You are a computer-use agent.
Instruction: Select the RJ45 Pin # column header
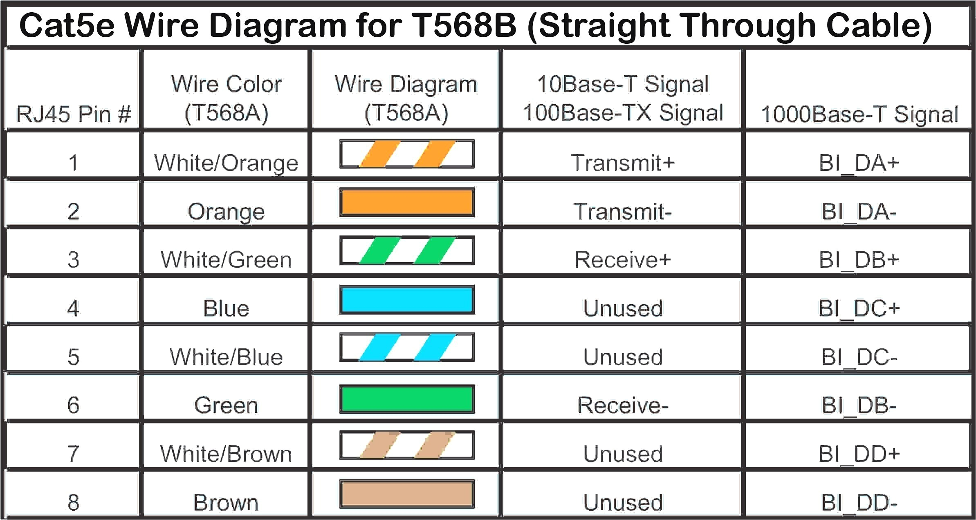[x=74, y=113]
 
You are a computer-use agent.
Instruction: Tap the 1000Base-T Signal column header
[x=859, y=114]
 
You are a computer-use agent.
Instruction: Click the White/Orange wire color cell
[x=226, y=163]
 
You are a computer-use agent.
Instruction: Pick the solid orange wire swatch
[x=407, y=202]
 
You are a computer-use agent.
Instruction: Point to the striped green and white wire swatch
[x=407, y=250]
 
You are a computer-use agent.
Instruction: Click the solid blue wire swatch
[x=407, y=300]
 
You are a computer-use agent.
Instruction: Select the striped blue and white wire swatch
[x=407, y=347]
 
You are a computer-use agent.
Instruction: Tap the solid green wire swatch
[x=407, y=399]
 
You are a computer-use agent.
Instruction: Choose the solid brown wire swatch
[x=407, y=494]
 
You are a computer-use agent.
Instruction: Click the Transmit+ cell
[x=622, y=163]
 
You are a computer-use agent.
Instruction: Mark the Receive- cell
[x=622, y=405]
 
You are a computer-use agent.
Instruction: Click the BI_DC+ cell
[x=859, y=308]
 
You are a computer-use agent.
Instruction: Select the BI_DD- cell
[x=859, y=502]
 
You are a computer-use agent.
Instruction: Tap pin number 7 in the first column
[x=73, y=454]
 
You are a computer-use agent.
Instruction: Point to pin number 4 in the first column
[x=73, y=308]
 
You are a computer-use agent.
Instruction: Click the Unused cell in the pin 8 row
[x=622, y=502]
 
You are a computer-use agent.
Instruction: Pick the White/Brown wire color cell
[x=226, y=454]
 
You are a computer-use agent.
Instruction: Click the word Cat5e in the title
[x=67, y=25]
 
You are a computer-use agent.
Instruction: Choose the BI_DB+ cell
[x=859, y=260]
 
